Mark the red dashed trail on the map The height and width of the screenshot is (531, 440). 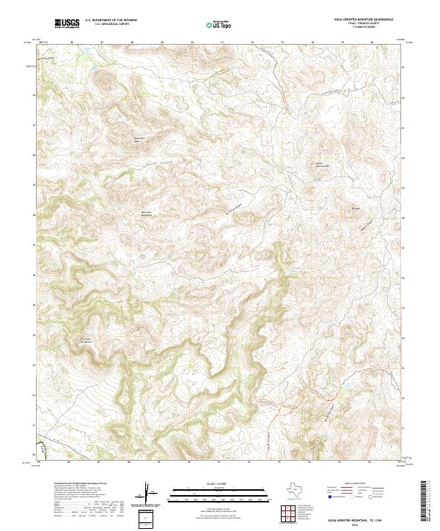(308, 396)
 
